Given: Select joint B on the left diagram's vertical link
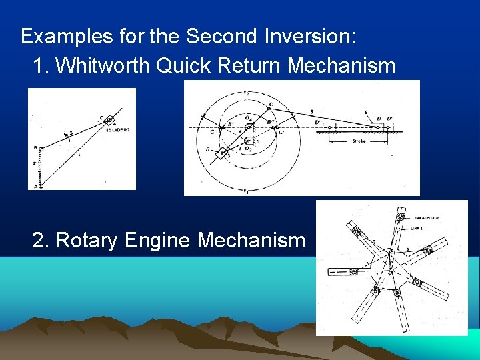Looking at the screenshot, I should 41,148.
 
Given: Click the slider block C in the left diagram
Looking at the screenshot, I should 108,120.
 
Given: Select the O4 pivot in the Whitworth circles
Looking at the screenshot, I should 248,126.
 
